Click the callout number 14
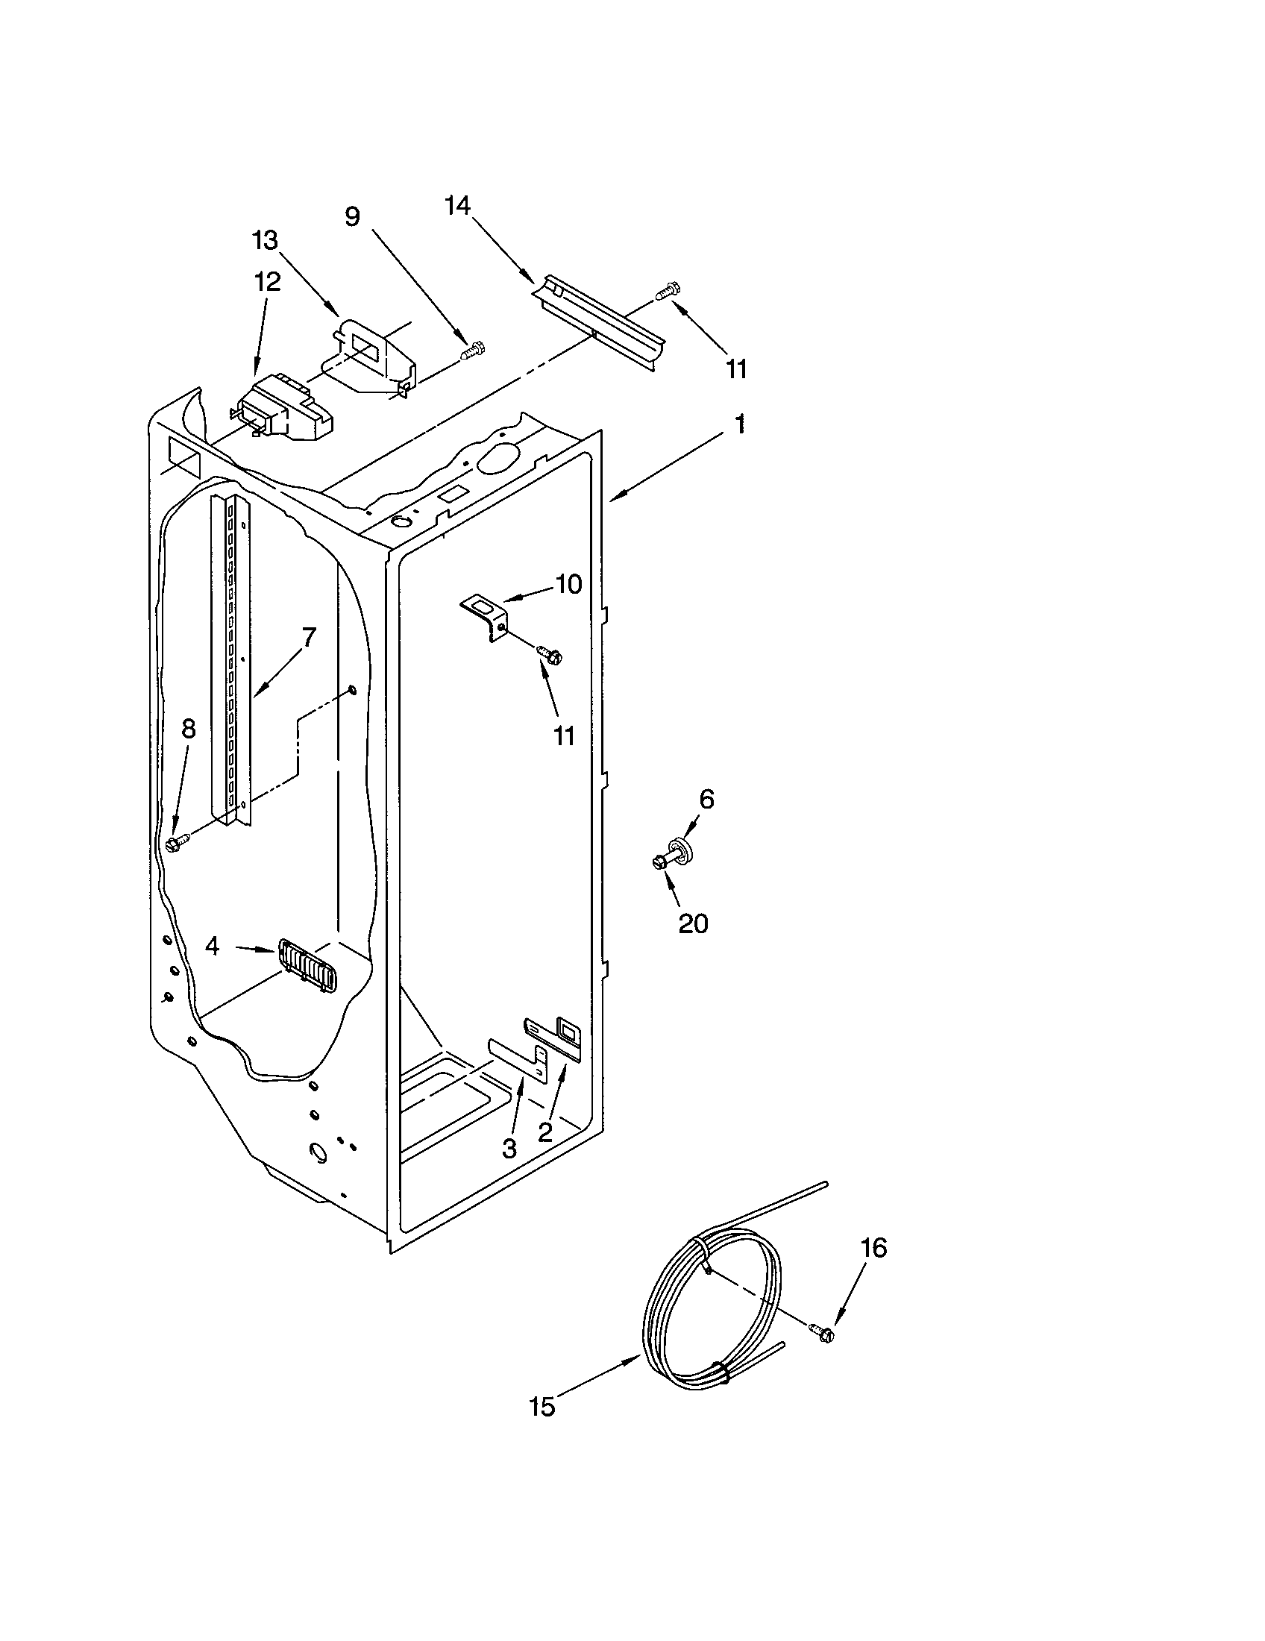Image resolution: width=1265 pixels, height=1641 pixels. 456,206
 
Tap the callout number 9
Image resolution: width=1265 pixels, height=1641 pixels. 352,217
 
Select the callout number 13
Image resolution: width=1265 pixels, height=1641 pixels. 265,240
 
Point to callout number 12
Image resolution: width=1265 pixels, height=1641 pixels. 267,281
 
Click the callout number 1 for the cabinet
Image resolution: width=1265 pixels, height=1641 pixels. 740,424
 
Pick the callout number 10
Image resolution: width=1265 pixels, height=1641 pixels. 568,584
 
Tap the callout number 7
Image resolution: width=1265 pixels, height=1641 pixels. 308,637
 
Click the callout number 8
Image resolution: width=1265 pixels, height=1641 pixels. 188,728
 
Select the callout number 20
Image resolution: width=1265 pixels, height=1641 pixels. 693,923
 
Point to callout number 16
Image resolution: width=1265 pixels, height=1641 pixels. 873,1248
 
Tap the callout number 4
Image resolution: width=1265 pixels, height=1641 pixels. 213,946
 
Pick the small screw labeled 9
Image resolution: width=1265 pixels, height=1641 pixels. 473,350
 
